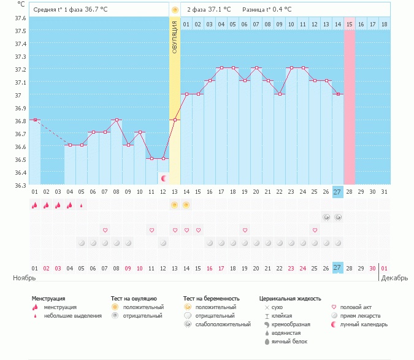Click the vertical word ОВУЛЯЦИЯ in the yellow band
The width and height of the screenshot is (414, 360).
point(175,37)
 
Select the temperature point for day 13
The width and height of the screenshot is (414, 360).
point(175,120)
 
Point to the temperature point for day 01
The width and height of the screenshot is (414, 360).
point(35,120)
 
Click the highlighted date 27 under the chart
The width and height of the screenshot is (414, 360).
point(338,193)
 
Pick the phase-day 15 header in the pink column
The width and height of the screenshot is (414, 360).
point(350,24)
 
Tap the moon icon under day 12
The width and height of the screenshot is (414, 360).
point(164,178)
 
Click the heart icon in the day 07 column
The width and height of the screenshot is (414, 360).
point(105,230)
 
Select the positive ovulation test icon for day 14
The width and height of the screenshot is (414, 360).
point(186,205)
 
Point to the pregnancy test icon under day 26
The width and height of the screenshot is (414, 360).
point(326,217)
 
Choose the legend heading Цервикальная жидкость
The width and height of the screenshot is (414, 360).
point(290,299)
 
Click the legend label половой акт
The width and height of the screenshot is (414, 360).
point(356,307)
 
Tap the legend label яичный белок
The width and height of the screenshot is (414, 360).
point(285,341)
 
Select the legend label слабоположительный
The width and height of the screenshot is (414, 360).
point(223,324)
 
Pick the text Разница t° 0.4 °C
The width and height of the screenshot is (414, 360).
point(267,10)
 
